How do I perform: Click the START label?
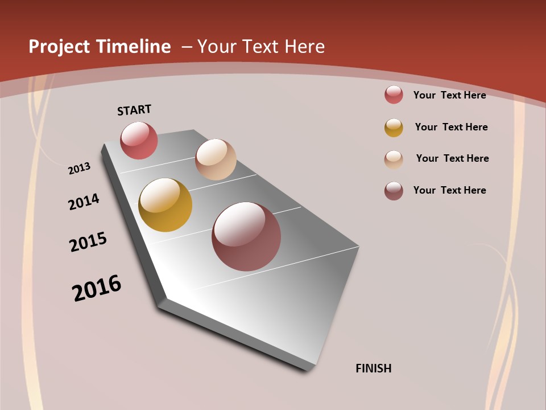point(134,110)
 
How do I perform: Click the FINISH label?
point(373,368)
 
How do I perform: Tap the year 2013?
point(79,169)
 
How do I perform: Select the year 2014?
point(84,202)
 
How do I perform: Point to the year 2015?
point(88,242)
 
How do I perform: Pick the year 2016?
point(97,288)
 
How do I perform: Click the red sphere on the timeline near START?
point(139,141)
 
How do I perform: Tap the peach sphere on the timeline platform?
point(216,159)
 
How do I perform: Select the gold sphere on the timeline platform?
point(165,205)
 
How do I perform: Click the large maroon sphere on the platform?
point(246,236)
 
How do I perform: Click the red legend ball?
point(394,95)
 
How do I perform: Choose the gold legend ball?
point(394,128)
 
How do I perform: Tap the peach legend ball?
point(394,159)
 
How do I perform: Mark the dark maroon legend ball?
point(394,191)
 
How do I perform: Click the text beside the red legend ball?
point(449,95)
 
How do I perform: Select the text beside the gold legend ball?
point(451,127)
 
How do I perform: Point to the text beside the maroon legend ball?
point(449,190)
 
